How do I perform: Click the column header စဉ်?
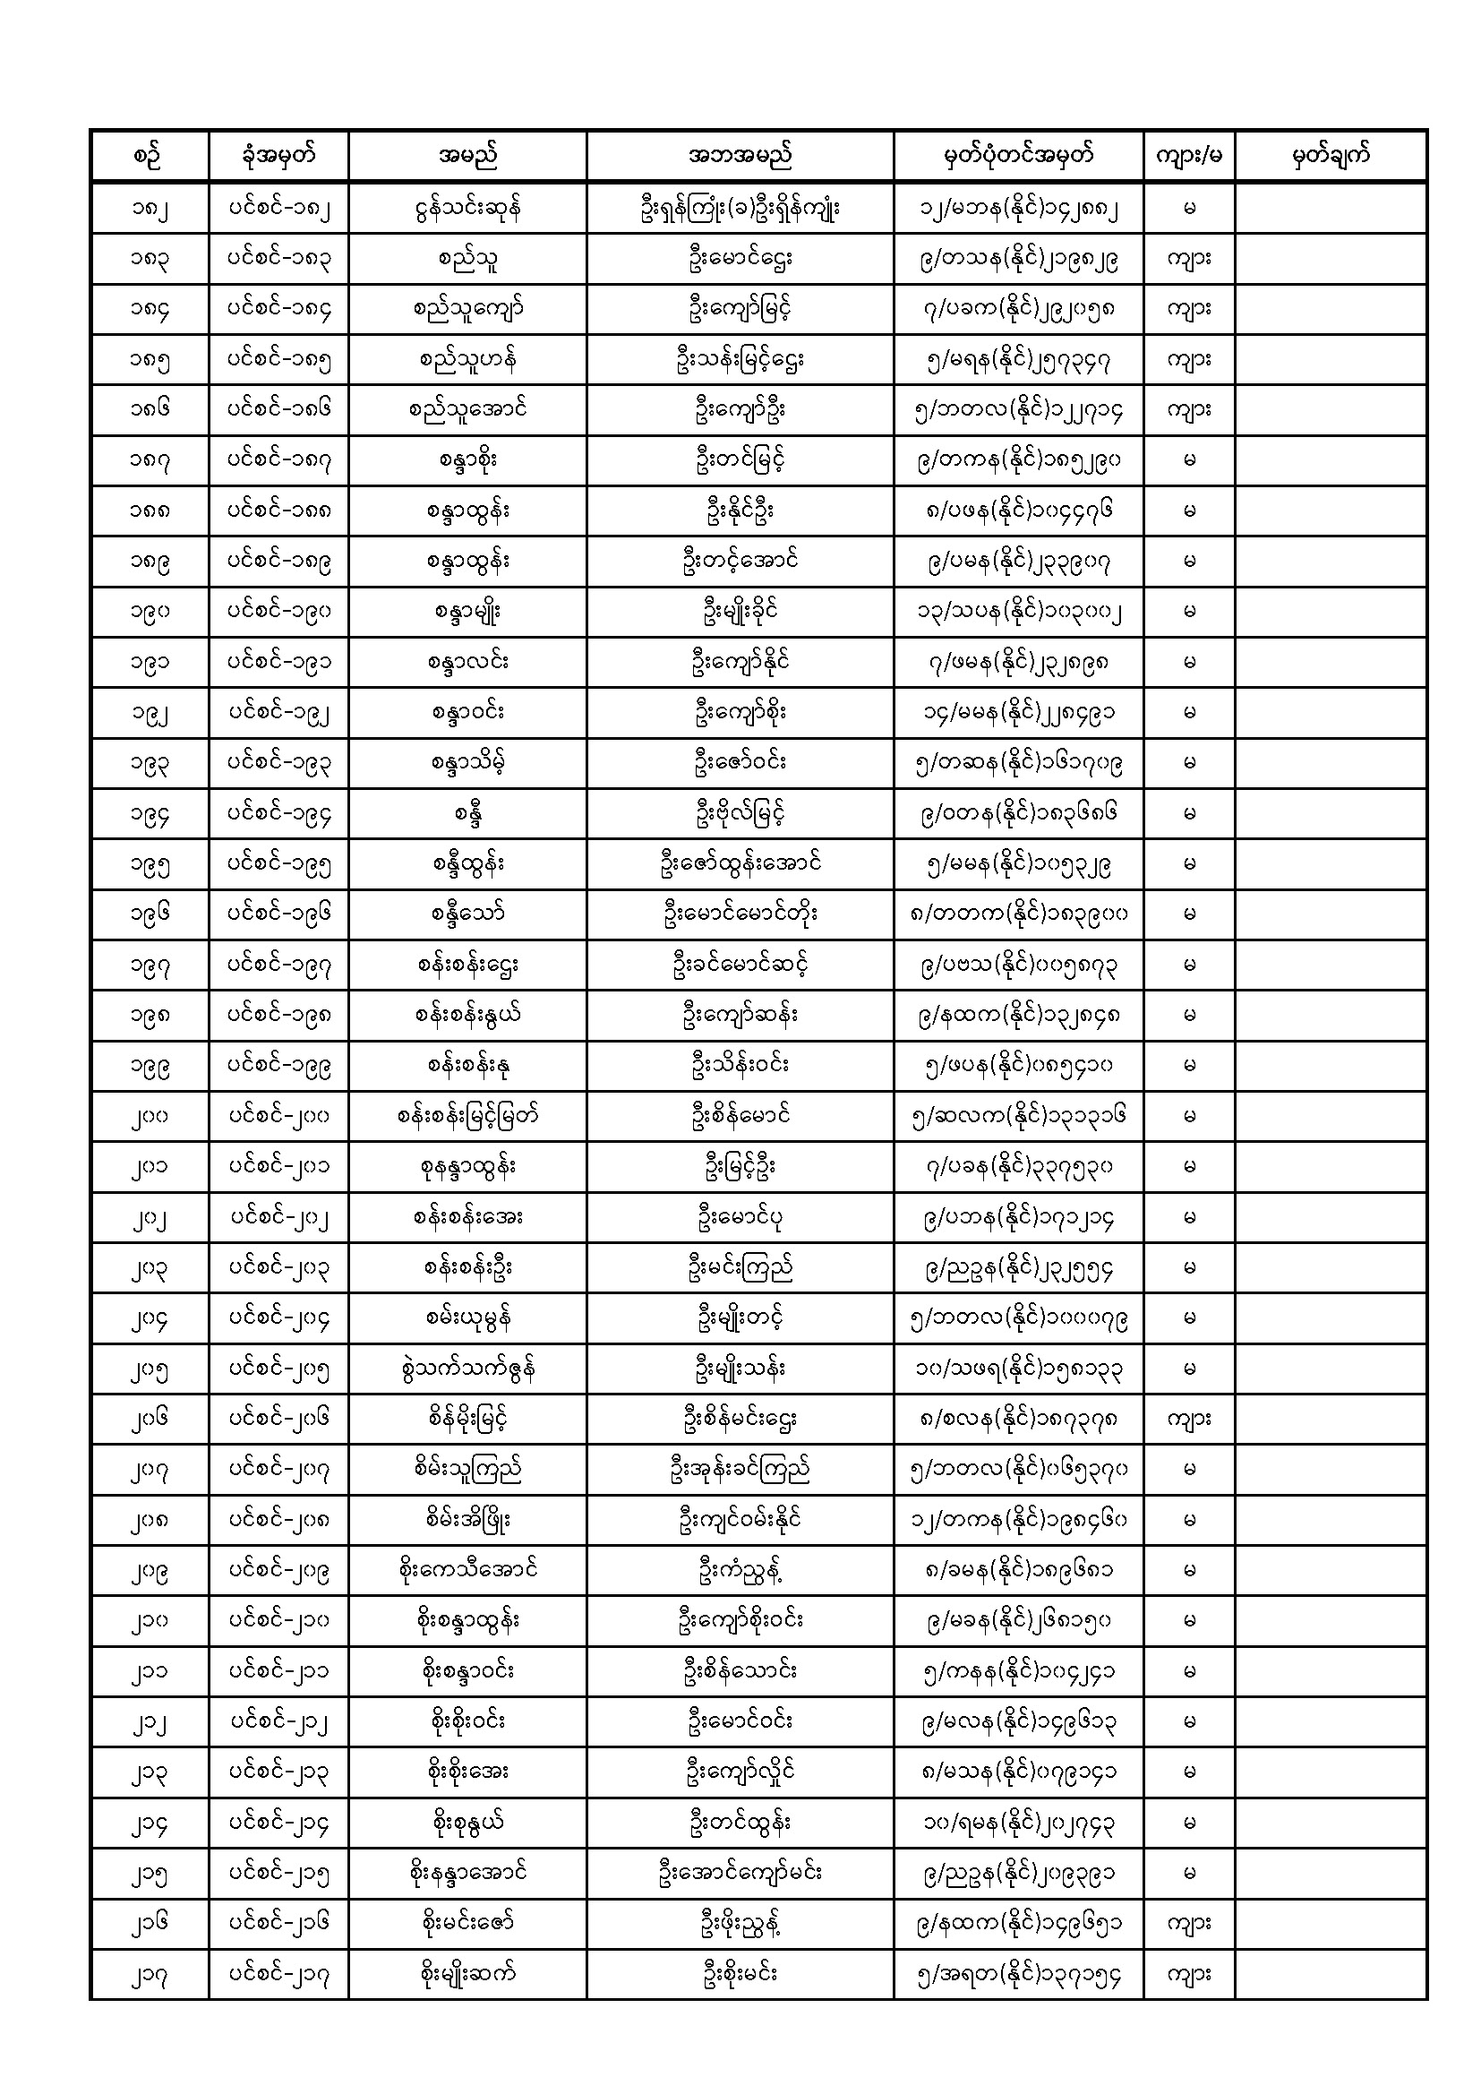pos(150,156)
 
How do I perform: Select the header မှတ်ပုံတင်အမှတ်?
pos(1018,156)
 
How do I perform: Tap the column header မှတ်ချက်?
pos(1331,156)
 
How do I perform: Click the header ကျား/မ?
pos(1188,156)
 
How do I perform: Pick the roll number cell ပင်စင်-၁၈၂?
pos(278,209)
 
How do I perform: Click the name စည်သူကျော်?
pos(467,309)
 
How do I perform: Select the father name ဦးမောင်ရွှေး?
pos(740,259)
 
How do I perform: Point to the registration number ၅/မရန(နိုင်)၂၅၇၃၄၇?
pos(1018,360)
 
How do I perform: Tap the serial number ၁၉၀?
pos(150,612)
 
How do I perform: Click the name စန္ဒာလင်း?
pos(467,662)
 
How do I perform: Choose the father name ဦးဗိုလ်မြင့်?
pos(740,813)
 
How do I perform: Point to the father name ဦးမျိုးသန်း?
pos(740,1369)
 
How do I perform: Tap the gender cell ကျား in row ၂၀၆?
pos(1188,1419)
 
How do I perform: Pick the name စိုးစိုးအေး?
pos(467,1772)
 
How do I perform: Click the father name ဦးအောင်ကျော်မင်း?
pos(740,1874)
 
